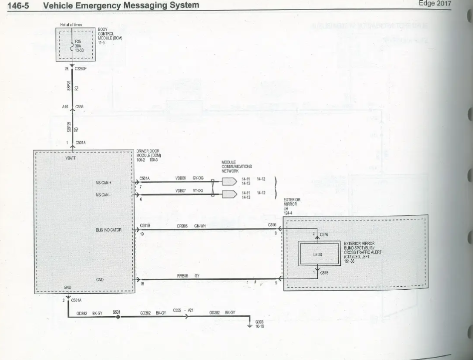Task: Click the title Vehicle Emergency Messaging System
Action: [121, 5]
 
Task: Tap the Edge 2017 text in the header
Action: [435, 3]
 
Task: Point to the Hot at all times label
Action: [71, 24]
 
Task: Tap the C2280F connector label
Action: [81, 69]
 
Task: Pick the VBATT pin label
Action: [70, 158]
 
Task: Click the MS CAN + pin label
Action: [103, 182]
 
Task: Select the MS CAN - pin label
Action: [103, 194]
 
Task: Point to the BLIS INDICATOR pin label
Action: [109, 230]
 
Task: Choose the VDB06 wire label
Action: [181, 178]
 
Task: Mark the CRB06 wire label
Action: [182, 226]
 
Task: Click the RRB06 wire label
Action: [182, 275]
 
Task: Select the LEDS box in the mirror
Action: [318, 254]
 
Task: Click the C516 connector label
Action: [272, 225]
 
